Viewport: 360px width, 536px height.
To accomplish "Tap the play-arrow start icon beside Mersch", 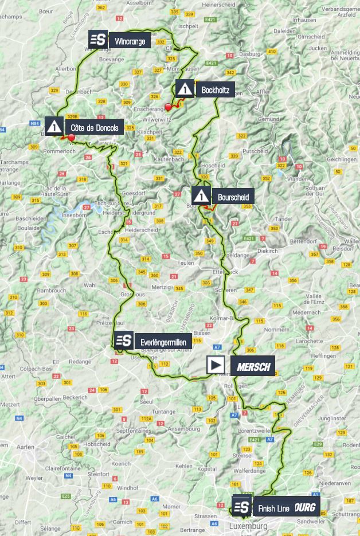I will click(216, 365).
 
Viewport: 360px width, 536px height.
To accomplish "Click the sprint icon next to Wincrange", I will click(99, 40).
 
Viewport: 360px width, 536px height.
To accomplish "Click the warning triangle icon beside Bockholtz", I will click(185, 89).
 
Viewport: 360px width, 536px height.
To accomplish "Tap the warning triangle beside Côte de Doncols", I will click(54, 126).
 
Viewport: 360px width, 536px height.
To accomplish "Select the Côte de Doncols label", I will click(94, 127).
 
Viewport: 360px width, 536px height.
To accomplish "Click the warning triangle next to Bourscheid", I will click(201, 196).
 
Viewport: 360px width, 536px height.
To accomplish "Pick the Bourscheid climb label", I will click(233, 197).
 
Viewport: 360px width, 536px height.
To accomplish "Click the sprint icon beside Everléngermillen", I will click(123, 341).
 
